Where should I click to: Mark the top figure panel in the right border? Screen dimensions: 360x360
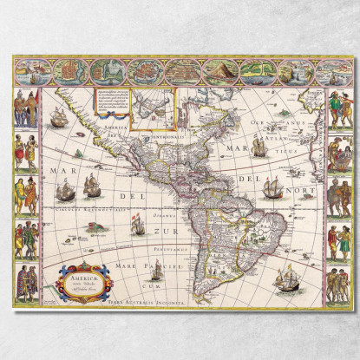click(x=337, y=109)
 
